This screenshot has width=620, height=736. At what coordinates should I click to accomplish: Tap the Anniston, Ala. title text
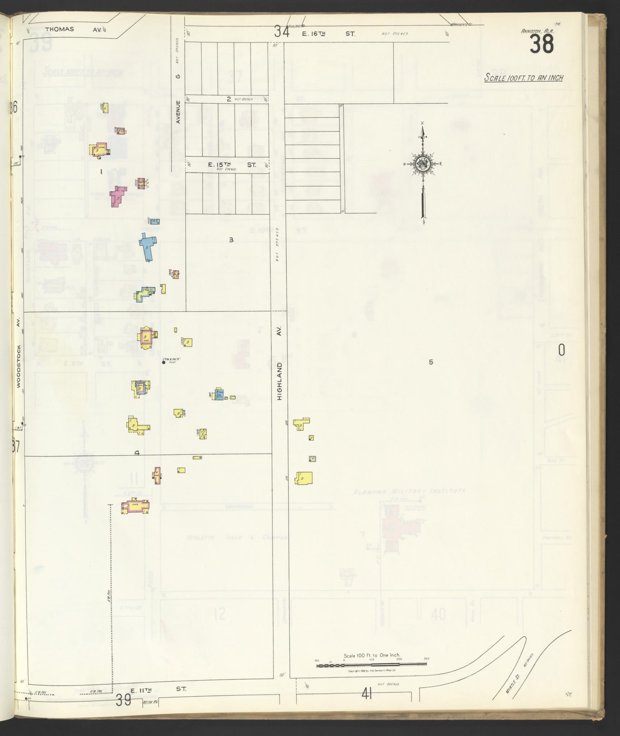[537, 31]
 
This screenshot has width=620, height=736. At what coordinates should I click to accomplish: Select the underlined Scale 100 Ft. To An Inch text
[523, 77]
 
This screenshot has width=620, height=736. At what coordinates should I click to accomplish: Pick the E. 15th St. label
[232, 165]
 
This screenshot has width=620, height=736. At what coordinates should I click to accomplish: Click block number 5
[431, 362]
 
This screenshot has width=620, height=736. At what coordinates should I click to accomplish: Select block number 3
[231, 240]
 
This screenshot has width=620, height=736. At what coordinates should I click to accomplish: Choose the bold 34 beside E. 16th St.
[282, 32]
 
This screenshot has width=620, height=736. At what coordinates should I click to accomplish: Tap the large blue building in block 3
[148, 246]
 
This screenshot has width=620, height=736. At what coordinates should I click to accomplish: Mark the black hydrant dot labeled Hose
[164, 362]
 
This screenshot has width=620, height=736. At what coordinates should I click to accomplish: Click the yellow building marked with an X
[203, 434]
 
